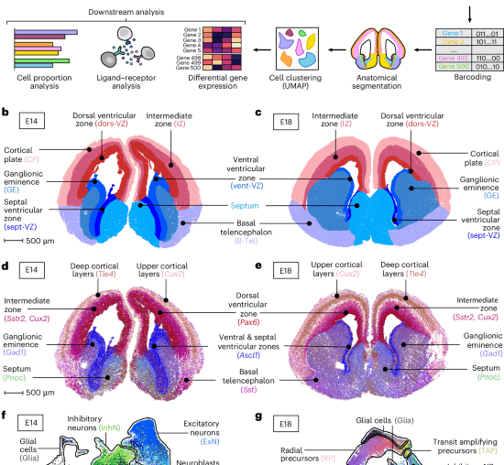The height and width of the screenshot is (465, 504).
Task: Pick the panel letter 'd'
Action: click(x=6, y=267)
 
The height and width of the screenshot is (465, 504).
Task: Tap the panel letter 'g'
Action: click(x=259, y=418)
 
